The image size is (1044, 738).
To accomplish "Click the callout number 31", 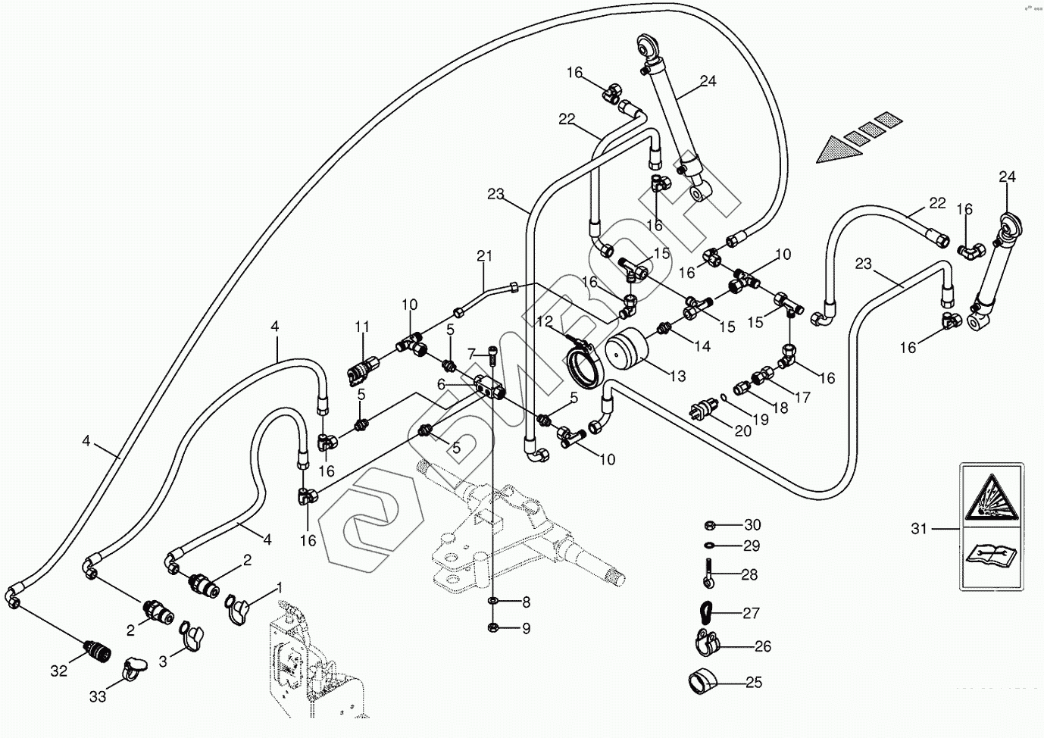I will [919, 529].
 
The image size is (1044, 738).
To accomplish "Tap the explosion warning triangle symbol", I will [989, 504].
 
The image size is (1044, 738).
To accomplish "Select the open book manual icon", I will [989, 558].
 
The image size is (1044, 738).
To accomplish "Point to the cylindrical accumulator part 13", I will [627, 352].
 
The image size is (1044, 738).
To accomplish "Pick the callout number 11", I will [362, 327].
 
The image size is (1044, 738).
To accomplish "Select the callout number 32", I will [58, 671].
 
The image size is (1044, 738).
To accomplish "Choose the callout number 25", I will [753, 682].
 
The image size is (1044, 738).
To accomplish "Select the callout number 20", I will [742, 430].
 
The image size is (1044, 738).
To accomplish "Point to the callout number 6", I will [441, 385].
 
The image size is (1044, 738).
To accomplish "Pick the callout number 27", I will [751, 613].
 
